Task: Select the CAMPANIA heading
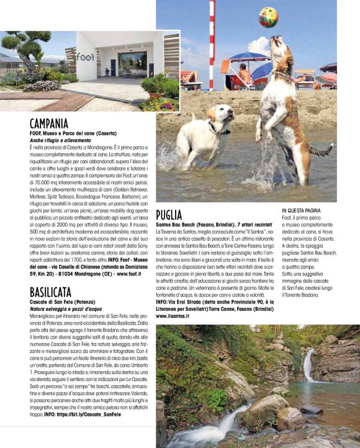[x=49, y=124]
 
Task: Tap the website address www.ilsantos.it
[x=173, y=316]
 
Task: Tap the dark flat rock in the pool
[x=310, y=410]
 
